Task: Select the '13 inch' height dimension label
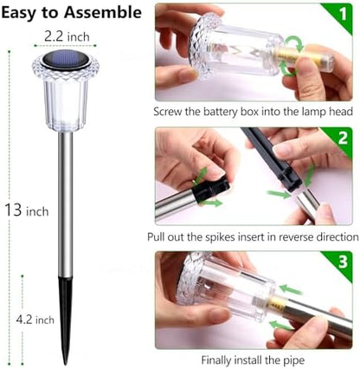click(x=25, y=210)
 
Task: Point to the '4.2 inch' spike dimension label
click(x=34, y=319)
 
